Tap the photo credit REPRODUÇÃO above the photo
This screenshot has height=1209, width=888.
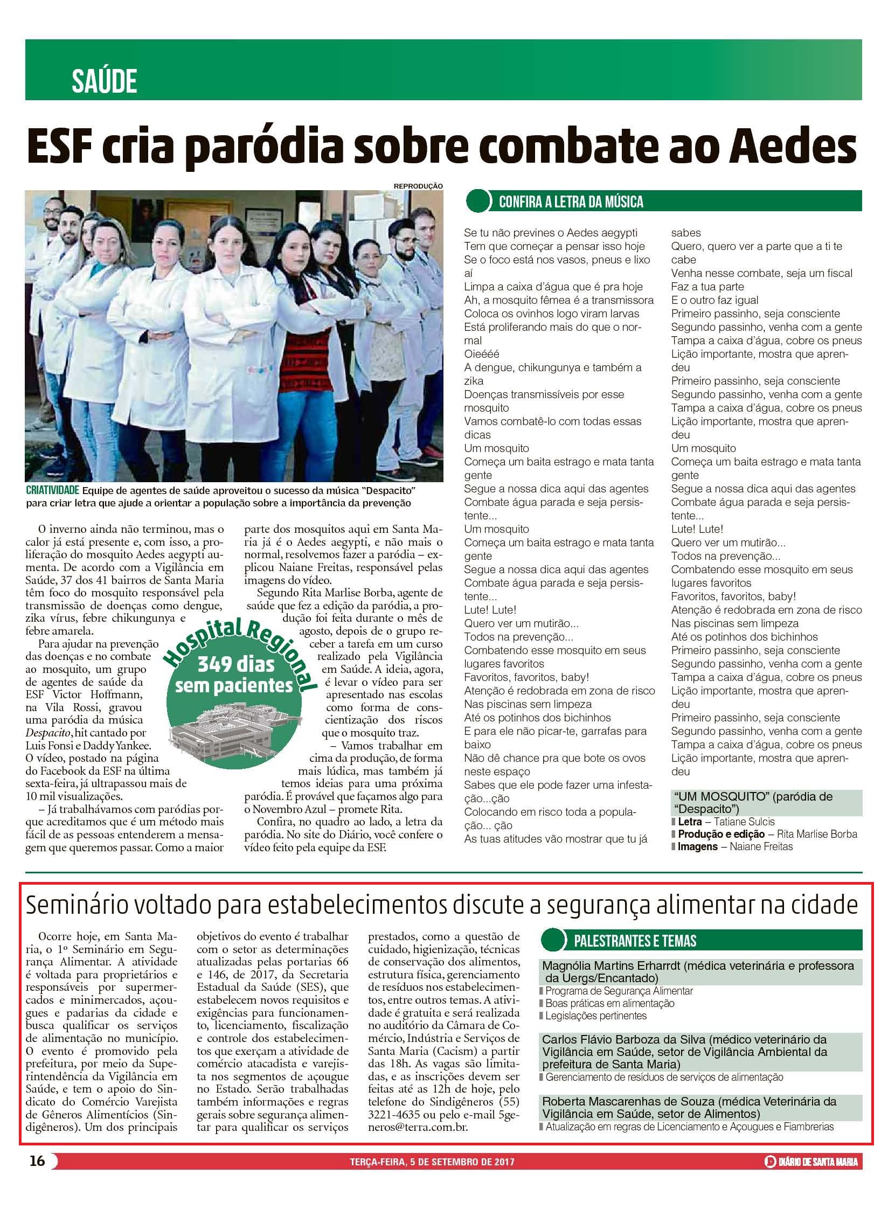click(x=418, y=186)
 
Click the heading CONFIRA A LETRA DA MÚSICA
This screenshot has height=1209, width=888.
click(x=571, y=202)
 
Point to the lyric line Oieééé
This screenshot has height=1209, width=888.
click(x=482, y=354)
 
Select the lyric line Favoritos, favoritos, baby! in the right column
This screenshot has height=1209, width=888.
click(x=733, y=596)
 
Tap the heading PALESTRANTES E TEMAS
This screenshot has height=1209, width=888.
click(x=635, y=941)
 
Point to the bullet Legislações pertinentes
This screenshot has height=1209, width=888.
click(x=596, y=1016)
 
